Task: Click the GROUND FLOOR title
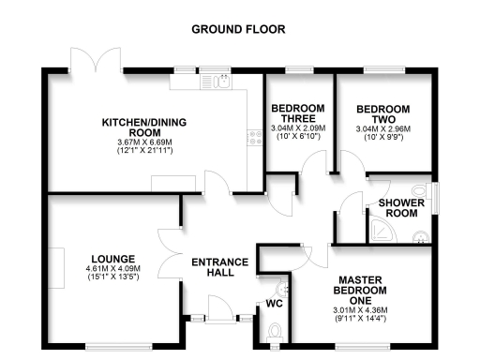[239, 29]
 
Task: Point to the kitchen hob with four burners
[254, 138]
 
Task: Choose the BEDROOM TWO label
[384, 112]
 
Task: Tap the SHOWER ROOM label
[402, 208]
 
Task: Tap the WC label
[274, 304]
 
